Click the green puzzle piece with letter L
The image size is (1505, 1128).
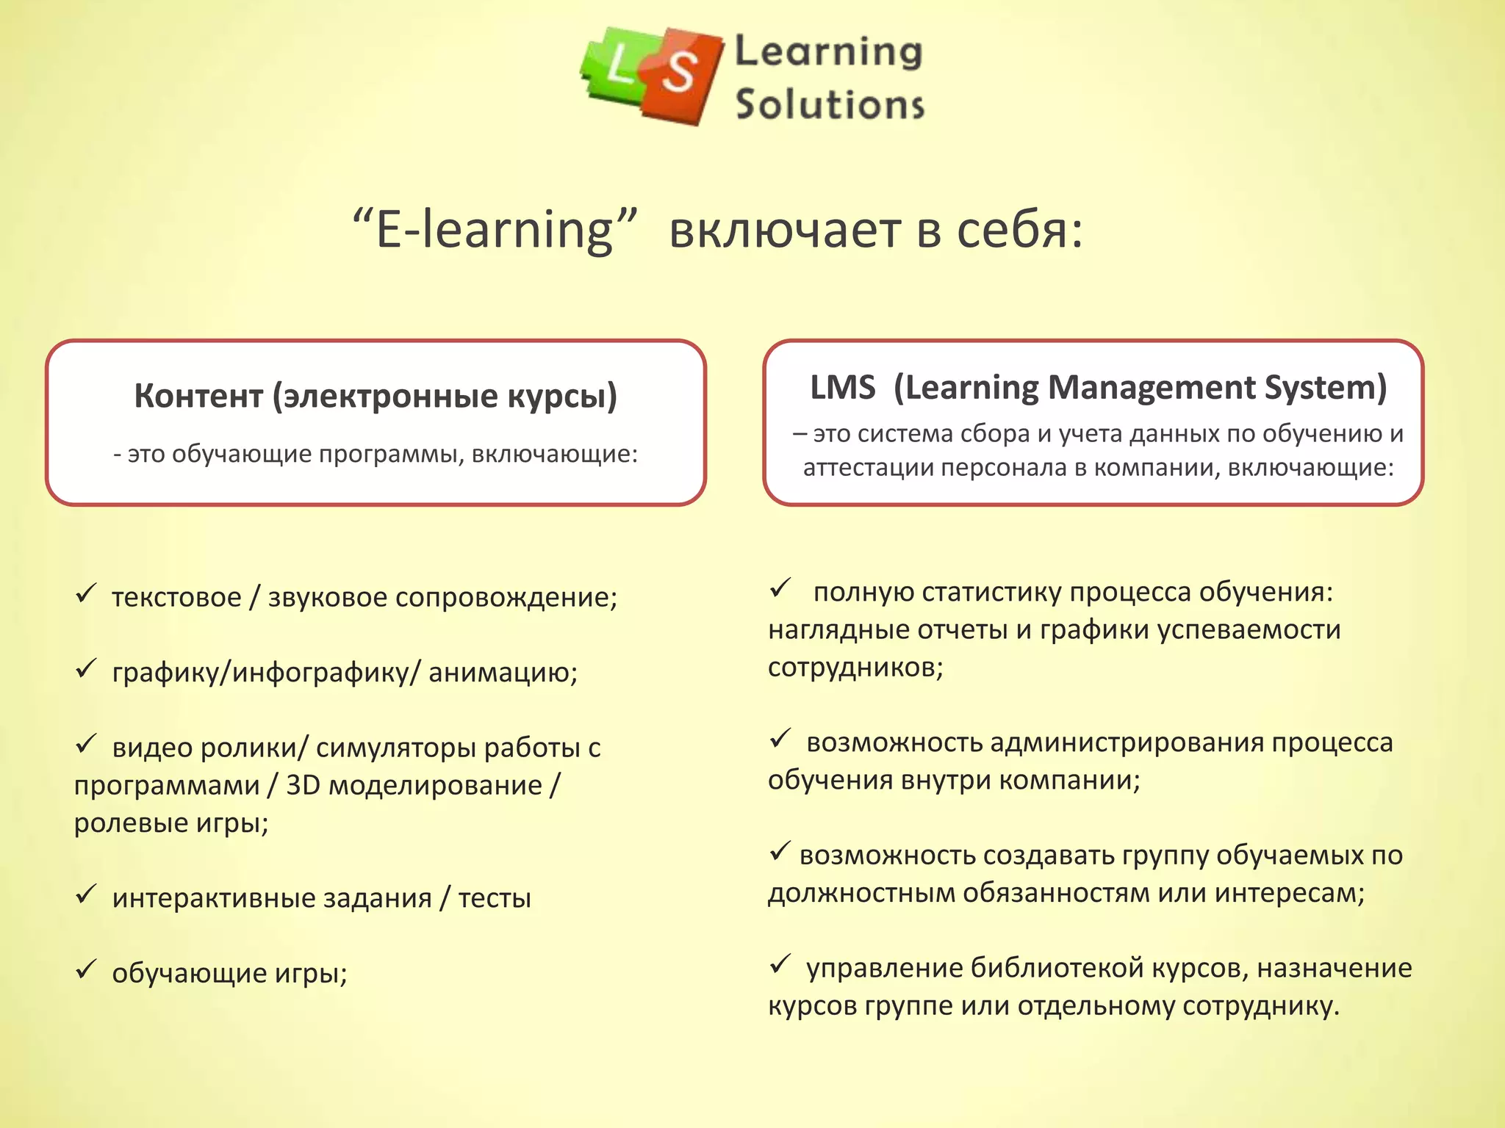click(x=616, y=68)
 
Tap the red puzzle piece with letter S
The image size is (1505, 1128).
click(x=679, y=75)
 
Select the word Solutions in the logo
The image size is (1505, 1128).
click(x=830, y=104)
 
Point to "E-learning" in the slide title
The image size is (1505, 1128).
click(x=494, y=230)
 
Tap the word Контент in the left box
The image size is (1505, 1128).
click(x=198, y=397)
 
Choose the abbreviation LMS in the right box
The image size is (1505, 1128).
click(x=842, y=388)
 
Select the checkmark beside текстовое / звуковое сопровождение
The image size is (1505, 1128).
click(x=86, y=593)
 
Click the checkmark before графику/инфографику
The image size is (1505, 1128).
click(x=86, y=668)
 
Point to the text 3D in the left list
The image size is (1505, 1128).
click(x=303, y=785)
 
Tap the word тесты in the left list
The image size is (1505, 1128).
click(x=495, y=898)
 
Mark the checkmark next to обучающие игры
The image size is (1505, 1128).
click(x=86, y=969)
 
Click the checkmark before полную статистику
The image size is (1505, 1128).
click(x=780, y=587)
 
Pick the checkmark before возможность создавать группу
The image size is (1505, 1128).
click(x=780, y=852)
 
